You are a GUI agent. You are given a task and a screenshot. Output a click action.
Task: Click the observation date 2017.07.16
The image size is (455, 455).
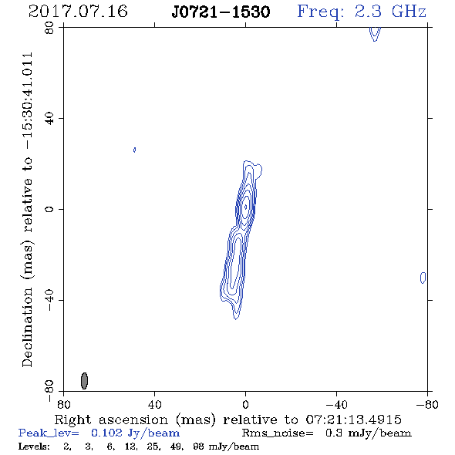[x=78, y=12]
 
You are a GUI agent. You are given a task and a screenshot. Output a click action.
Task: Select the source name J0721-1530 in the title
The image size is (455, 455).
[x=221, y=12]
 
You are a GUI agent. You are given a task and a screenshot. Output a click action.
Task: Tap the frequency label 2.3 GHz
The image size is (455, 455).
[x=390, y=12]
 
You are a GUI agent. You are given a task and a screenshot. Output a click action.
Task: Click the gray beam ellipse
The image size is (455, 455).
[x=84, y=381]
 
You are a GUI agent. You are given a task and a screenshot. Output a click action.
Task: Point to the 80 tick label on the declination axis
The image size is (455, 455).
[x=49, y=28]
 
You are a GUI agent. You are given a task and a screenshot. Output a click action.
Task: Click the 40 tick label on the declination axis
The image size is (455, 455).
[x=49, y=119]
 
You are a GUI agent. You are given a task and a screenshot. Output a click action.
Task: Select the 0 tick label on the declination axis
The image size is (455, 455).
[x=49, y=209]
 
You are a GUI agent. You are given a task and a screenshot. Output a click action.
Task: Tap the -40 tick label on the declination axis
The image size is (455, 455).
[x=49, y=300]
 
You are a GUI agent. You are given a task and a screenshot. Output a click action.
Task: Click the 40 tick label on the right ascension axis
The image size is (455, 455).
[x=155, y=405]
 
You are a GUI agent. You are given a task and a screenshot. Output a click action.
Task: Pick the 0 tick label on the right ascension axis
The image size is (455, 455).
[x=245, y=405]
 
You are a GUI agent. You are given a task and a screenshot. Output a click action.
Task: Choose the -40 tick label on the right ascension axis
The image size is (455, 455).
[x=336, y=405]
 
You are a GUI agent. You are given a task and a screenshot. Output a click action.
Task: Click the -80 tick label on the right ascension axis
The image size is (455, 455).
[x=427, y=405]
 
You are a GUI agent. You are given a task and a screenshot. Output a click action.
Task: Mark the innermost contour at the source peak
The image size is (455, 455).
[x=245, y=207]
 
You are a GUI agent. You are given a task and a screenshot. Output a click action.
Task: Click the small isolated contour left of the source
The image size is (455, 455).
[x=134, y=150]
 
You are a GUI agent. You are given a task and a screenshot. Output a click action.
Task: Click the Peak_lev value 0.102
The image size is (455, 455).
[x=106, y=433]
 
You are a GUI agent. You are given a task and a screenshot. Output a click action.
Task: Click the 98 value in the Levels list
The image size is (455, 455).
[x=199, y=447]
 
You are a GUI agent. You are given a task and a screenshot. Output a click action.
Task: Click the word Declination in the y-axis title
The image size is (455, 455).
[x=27, y=328]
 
